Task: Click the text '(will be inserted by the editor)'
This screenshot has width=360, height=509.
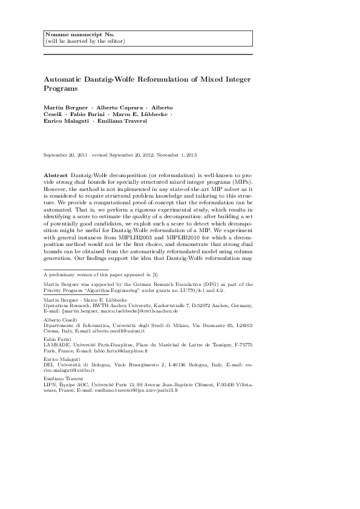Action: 85,41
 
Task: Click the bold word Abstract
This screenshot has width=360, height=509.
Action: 56,173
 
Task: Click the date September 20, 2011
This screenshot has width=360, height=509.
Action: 67,155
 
